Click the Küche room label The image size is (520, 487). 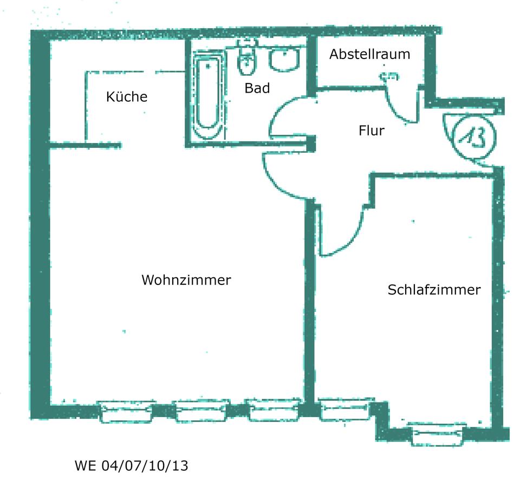[x=127, y=97]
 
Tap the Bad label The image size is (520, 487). [x=257, y=88]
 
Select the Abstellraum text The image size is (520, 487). [x=369, y=54]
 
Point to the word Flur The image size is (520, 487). [x=371, y=131]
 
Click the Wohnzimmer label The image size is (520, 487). [x=186, y=280]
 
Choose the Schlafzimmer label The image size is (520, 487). [x=433, y=290]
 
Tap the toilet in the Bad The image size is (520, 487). [x=247, y=61]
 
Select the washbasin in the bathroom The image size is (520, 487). [x=284, y=60]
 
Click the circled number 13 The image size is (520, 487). [x=470, y=138]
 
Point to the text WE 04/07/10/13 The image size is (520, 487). [x=131, y=465]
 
